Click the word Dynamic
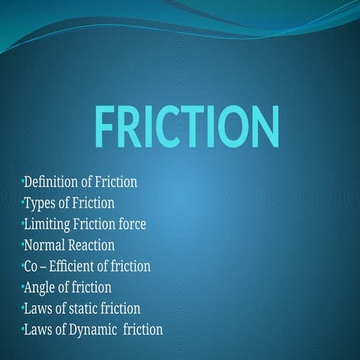(94, 328)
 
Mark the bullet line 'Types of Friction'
(69, 202)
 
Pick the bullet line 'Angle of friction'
(67, 286)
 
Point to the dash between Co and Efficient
(46, 266)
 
